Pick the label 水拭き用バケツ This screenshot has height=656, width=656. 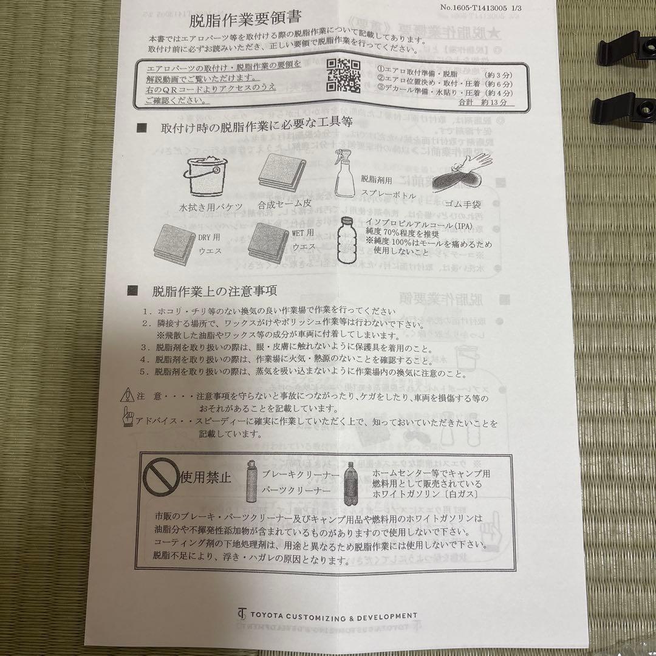coord(211,207)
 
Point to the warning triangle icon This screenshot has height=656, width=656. coord(127,395)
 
